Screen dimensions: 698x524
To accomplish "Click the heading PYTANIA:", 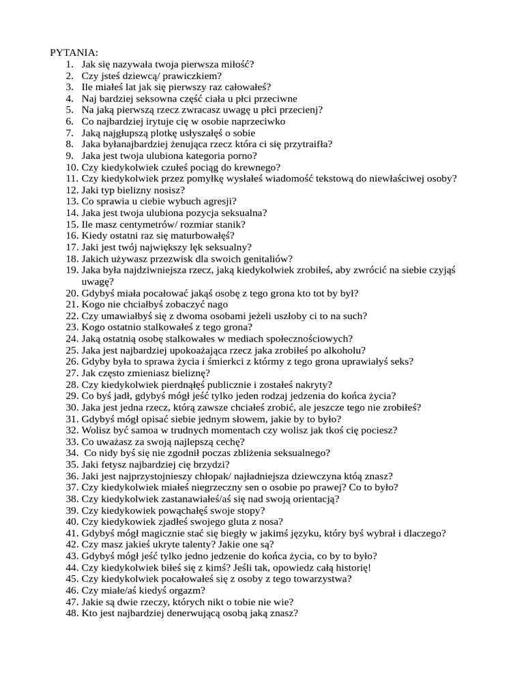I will coord(74,52).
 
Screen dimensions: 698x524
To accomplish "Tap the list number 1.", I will coord(70,64).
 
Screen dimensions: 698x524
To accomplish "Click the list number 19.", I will coord(72,270).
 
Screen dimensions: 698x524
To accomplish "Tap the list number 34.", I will coord(72,453).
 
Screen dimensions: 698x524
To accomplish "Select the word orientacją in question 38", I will coord(315,499).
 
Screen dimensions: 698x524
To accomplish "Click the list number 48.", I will coord(72,613).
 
